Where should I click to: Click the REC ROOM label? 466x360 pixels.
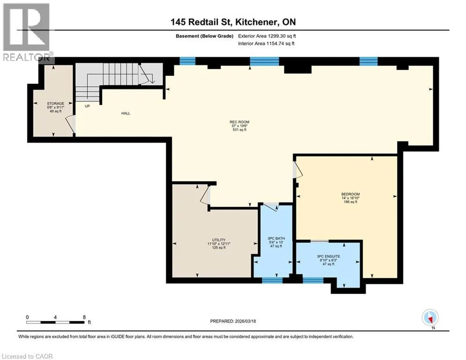coord(239,122)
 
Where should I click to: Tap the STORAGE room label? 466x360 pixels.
coord(56,104)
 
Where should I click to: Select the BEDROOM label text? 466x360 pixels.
coord(351,194)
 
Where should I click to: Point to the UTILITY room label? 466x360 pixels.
coord(219,240)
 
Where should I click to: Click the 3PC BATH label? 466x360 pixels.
coord(276,238)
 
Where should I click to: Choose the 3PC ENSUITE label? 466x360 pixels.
coord(328,256)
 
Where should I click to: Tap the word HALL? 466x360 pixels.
coord(126,113)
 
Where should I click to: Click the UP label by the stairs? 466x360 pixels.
coord(88,106)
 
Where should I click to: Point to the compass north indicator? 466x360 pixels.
coord(430,318)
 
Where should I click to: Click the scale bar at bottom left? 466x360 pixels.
coord(56,322)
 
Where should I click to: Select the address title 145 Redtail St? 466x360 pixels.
coord(203,22)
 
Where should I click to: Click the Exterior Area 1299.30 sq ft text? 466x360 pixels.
coord(267,36)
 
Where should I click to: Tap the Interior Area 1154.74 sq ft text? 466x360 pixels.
coord(266,44)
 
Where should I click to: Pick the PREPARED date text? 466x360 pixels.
coord(233,321)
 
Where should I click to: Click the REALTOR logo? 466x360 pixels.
coord(26,32)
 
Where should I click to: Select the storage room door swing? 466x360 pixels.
coord(70,124)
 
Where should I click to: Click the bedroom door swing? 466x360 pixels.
coord(297,170)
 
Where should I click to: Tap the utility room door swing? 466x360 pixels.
coord(205,195)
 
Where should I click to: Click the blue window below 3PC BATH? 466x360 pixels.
coord(272,280)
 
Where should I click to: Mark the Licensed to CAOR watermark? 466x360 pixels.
coord(27,356)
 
